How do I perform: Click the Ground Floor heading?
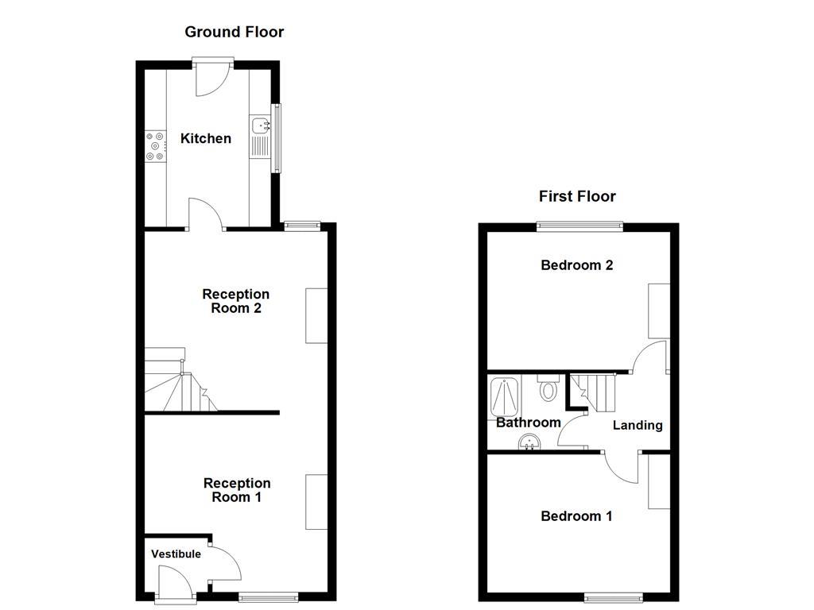pyautogui.click(x=234, y=32)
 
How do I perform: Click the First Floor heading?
pyautogui.click(x=577, y=196)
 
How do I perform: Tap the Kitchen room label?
pyautogui.click(x=206, y=138)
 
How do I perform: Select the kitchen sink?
pyautogui.click(x=260, y=125)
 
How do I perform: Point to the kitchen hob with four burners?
pyautogui.click(x=155, y=146)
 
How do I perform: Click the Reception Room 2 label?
pyautogui.click(x=235, y=301)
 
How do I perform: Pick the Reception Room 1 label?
pyautogui.click(x=237, y=490)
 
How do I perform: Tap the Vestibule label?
pyautogui.click(x=176, y=554)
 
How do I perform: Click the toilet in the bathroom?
pyautogui.click(x=547, y=389)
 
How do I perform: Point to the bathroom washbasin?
pyautogui.click(x=529, y=442)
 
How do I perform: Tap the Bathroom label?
pyautogui.click(x=528, y=423)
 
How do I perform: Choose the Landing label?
pyautogui.click(x=638, y=425)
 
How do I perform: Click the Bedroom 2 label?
pyautogui.click(x=576, y=264)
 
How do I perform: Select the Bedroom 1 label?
pyautogui.click(x=576, y=516)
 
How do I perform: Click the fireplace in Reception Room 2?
pyautogui.click(x=316, y=315)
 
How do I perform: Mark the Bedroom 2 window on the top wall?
pyautogui.click(x=579, y=226)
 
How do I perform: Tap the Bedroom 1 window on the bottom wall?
pyautogui.click(x=614, y=597)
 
